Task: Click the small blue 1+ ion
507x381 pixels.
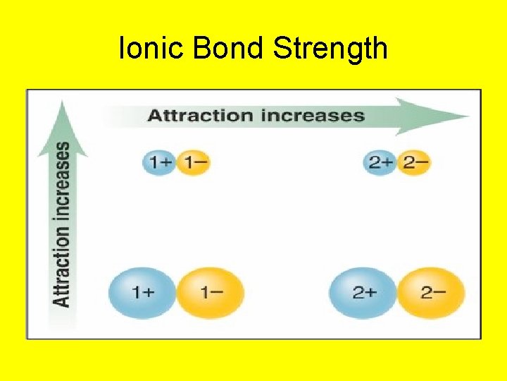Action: [x=158, y=163]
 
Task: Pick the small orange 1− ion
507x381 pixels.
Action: [x=193, y=163]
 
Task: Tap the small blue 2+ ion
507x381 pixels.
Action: [x=381, y=163]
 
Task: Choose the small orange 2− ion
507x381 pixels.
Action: [x=415, y=163]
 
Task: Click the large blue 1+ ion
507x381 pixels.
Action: [x=142, y=292]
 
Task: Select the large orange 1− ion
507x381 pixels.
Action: [x=210, y=292]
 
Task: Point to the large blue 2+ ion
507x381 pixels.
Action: [x=363, y=292]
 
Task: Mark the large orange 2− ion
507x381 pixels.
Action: [x=432, y=292]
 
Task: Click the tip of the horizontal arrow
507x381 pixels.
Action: [x=468, y=116]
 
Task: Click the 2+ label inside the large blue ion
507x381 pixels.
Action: [x=363, y=292]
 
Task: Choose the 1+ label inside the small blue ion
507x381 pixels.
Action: [x=158, y=163]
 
